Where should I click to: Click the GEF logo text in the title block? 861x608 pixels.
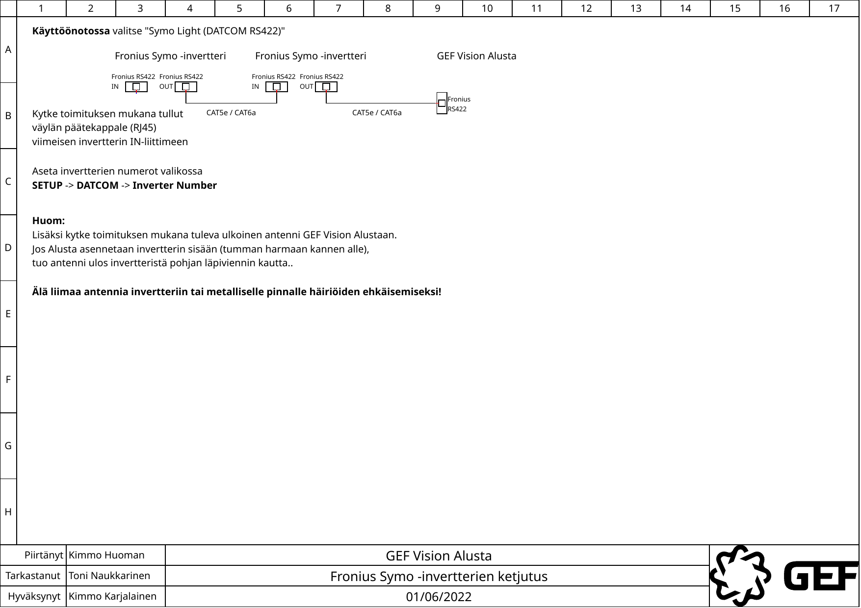820,576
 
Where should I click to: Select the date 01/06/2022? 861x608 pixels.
439,597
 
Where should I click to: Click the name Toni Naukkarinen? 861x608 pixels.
109,576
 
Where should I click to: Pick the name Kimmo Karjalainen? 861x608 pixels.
113,597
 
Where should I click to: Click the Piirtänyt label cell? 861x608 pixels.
44,556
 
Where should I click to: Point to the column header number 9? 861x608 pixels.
438,8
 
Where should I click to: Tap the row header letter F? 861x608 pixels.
8,380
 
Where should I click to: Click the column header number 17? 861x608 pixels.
834,8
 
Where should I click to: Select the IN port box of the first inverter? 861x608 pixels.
136,87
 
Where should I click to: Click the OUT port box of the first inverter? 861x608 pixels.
186,87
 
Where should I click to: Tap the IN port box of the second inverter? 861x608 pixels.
277,87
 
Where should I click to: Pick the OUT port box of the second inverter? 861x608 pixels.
326,87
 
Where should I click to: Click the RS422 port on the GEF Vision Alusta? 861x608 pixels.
442,103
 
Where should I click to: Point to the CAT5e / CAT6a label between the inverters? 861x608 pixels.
231,113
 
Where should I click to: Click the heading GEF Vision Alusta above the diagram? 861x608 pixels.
476,56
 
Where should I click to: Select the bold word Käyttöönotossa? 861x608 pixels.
71,31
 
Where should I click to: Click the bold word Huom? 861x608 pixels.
49,221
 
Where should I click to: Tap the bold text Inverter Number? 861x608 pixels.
175,186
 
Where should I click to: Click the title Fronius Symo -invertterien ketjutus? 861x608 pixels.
439,577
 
